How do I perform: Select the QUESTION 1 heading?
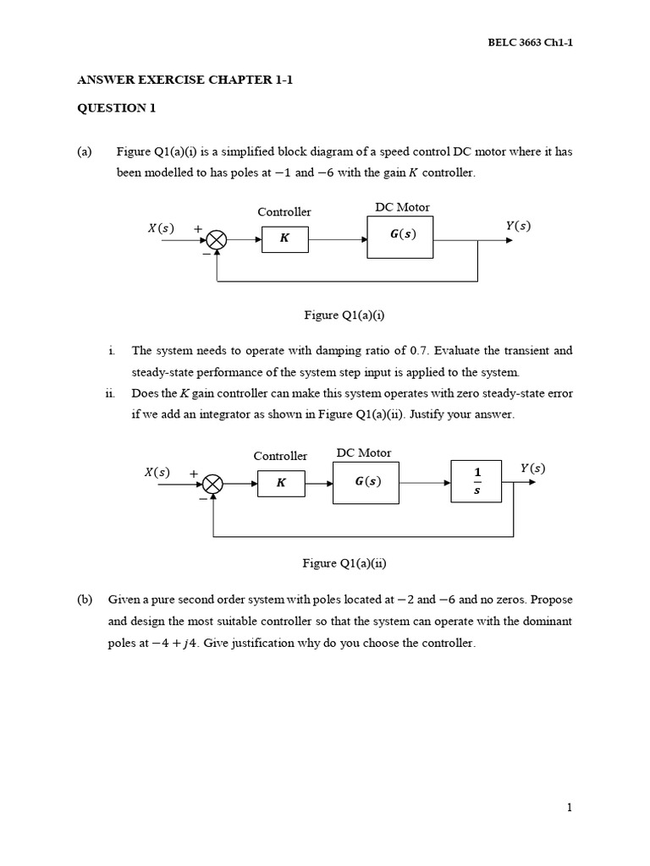coord(117,108)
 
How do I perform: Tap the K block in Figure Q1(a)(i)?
coord(284,239)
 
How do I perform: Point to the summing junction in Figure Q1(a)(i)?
coord(218,240)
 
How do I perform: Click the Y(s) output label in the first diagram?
coord(517,226)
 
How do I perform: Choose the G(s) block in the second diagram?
coord(366,482)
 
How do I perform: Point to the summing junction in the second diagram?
coord(213,484)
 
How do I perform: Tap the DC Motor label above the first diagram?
coord(402,207)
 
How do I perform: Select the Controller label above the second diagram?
coord(280,456)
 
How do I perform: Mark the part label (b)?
coord(84,600)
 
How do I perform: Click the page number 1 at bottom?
coord(570,808)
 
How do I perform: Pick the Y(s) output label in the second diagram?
coord(532,468)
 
